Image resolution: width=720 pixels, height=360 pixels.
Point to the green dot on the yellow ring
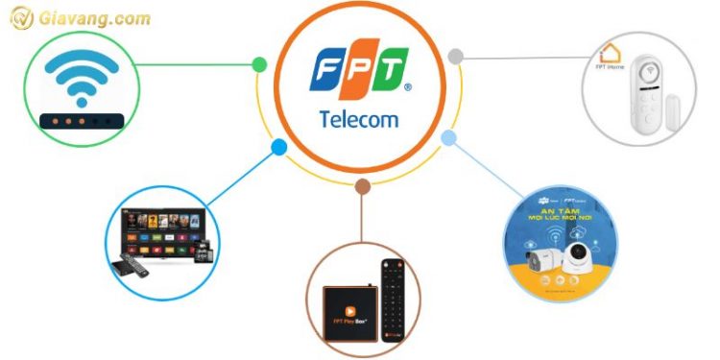click(x=259, y=65)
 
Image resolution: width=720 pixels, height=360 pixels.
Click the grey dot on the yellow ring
click(x=456, y=58)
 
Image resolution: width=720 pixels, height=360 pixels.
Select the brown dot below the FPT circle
click(x=361, y=186)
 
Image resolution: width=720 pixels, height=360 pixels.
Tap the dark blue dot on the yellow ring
click(x=278, y=148)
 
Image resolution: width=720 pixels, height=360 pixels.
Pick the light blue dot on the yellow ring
click(x=447, y=139)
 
